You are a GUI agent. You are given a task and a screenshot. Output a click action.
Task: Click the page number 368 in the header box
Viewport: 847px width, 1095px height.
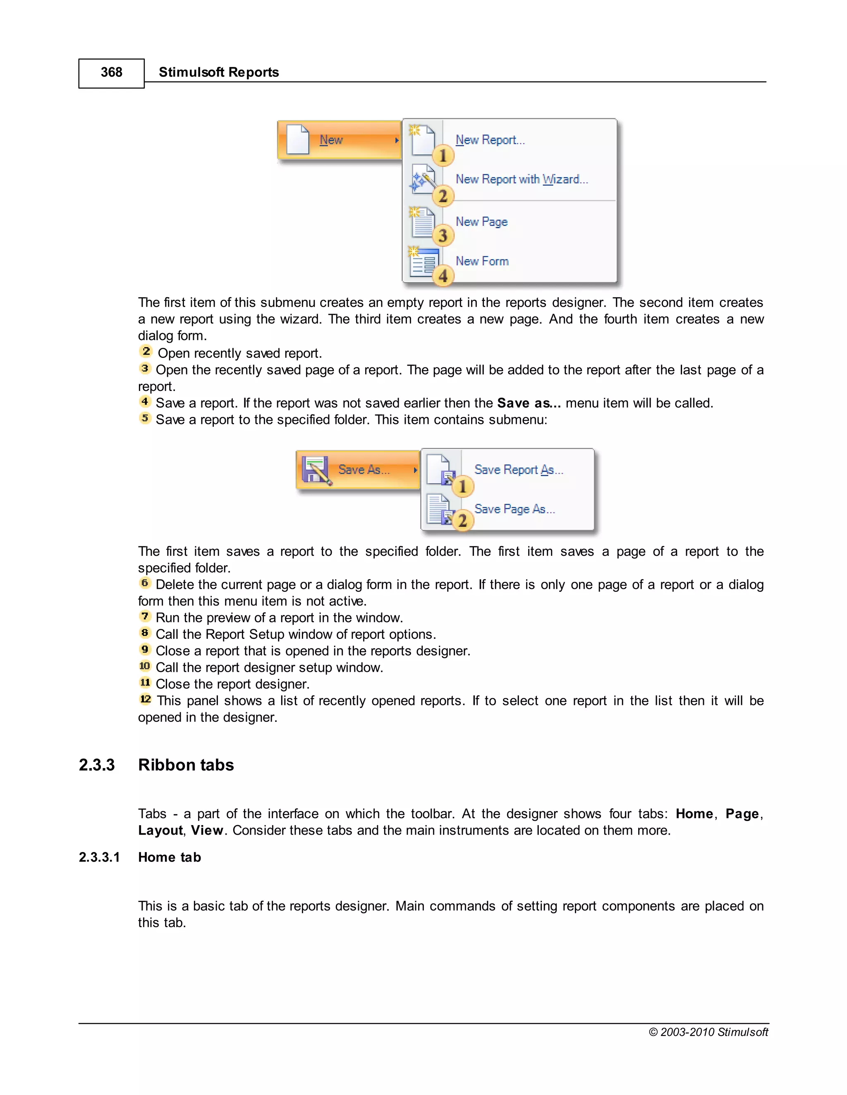click(111, 73)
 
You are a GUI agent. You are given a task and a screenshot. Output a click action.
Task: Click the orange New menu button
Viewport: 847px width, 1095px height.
click(339, 140)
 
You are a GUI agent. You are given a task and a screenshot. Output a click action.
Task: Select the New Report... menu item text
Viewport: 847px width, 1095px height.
click(490, 140)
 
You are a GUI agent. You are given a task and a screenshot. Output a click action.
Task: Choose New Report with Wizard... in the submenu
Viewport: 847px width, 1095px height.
click(522, 179)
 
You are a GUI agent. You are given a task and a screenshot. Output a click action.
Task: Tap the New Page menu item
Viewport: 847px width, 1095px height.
click(481, 221)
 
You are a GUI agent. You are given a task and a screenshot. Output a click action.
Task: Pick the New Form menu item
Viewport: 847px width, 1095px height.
click(482, 261)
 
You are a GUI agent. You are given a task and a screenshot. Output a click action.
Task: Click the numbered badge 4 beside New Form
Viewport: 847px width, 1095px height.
click(443, 276)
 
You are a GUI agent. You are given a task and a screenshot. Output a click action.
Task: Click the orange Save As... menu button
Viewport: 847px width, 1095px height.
click(358, 470)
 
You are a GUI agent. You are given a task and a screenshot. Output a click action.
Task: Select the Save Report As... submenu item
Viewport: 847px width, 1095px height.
click(518, 470)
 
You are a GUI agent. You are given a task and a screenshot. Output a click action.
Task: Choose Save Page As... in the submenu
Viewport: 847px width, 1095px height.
click(514, 509)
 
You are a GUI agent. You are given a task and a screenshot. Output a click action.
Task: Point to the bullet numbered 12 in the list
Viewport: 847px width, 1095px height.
click(145, 699)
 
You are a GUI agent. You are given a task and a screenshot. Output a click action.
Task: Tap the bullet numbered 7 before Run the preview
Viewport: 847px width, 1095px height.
click(145, 616)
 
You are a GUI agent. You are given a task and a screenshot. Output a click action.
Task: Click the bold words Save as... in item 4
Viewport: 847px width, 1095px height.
click(529, 403)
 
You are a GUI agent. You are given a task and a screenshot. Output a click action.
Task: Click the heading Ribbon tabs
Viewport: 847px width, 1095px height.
click(186, 765)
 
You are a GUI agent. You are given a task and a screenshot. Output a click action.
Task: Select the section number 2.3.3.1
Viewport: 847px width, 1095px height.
click(99, 857)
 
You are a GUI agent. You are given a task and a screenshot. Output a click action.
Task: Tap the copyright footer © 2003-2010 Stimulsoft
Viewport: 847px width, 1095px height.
click(708, 1032)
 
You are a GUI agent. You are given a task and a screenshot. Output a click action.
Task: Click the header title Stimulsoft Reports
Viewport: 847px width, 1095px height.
click(218, 73)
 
